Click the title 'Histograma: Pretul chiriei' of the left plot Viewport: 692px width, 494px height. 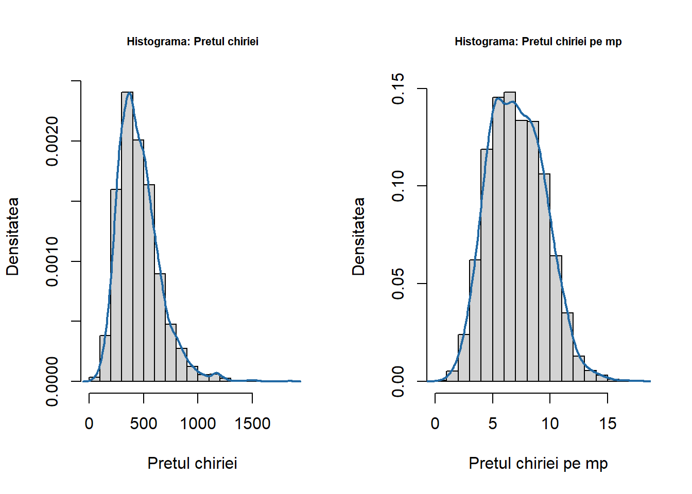(193, 41)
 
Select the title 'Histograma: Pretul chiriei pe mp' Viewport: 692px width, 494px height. (538, 41)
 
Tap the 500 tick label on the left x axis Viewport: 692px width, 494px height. (144, 424)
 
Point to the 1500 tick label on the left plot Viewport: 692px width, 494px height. (252, 424)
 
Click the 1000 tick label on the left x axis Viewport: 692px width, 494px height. (198, 424)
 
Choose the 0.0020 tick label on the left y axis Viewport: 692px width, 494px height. (52, 141)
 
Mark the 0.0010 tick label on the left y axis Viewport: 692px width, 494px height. (52, 261)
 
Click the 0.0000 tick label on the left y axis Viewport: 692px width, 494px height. (52, 381)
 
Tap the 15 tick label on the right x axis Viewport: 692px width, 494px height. (608, 424)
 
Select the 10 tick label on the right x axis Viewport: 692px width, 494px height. (550, 424)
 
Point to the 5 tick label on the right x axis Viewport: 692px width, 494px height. (493, 424)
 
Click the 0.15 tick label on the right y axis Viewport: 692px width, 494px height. (398, 89)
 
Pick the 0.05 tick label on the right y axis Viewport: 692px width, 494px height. (398, 284)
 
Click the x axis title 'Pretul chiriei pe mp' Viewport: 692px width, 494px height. (538, 463)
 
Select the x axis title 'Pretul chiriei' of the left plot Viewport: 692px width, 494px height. (193, 463)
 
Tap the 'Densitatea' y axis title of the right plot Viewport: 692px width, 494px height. (358, 236)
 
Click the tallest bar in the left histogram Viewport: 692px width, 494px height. (127, 237)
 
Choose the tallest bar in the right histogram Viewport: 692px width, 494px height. (510, 237)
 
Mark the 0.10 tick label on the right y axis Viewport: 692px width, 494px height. (398, 186)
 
